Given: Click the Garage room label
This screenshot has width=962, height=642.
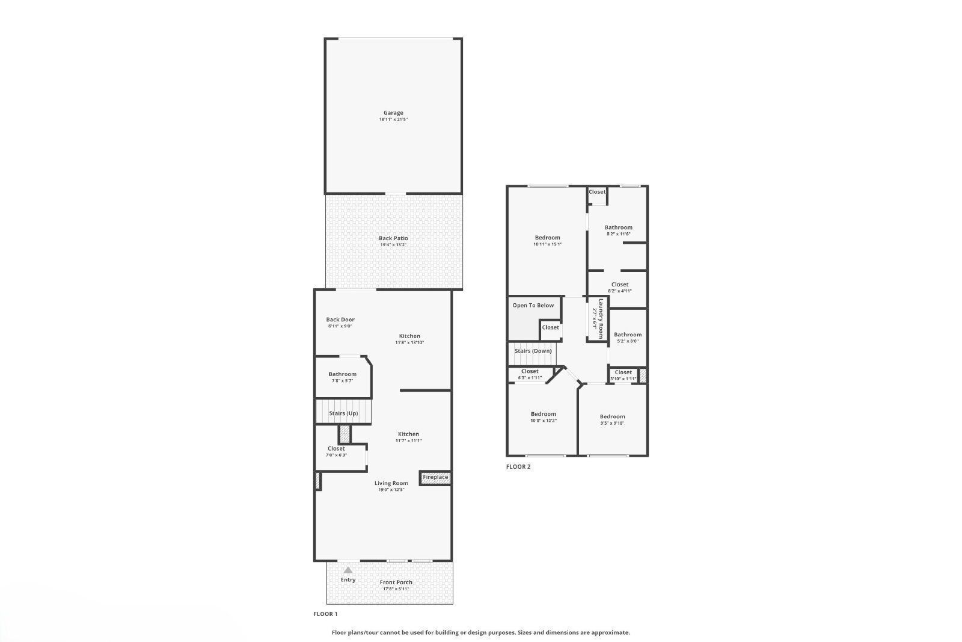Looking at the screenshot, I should pyautogui.click(x=393, y=113).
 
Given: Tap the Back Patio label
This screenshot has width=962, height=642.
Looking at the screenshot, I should pyautogui.click(x=393, y=238).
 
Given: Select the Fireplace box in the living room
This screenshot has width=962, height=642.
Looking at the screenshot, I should pyautogui.click(x=435, y=478).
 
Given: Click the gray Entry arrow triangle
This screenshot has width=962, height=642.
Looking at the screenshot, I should pyautogui.click(x=348, y=570).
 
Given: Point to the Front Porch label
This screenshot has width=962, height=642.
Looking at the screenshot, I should pyautogui.click(x=396, y=582).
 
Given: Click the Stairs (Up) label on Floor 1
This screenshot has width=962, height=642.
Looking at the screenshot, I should pyautogui.click(x=343, y=413).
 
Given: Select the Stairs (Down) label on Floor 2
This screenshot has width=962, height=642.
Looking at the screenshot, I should pyautogui.click(x=533, y=351).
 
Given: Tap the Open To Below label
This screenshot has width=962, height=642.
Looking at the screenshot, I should pyautogui.click(x=533, y=306).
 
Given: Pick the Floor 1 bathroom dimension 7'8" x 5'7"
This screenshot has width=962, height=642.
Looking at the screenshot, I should pyautogui.click(x=342, y=381).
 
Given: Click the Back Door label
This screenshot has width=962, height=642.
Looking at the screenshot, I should pyautogui.click(x=340, y=320).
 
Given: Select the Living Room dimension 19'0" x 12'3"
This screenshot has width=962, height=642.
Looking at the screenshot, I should pyautogui.click(x=391, y=490).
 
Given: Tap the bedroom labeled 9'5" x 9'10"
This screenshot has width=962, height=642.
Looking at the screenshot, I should pyautogui.click(x=612, y=420).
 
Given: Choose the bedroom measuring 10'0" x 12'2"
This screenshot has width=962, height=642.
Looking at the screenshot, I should pyautogui.click(x=543, y=417).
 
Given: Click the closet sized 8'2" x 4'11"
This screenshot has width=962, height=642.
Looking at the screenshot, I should pyautogui.click(x=619, y=288).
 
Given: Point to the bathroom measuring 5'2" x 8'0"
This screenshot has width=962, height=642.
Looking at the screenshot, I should pyautogui.click(x=627, y=338).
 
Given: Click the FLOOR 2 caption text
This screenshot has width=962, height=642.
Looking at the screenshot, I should pyautogui.click(x=518, y=466).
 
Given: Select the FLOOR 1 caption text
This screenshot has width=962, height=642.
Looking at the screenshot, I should pyautogui.click(x=325, y=614).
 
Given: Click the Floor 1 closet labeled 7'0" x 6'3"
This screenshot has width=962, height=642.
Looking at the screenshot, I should pyautogui.click(x=336, y=451).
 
